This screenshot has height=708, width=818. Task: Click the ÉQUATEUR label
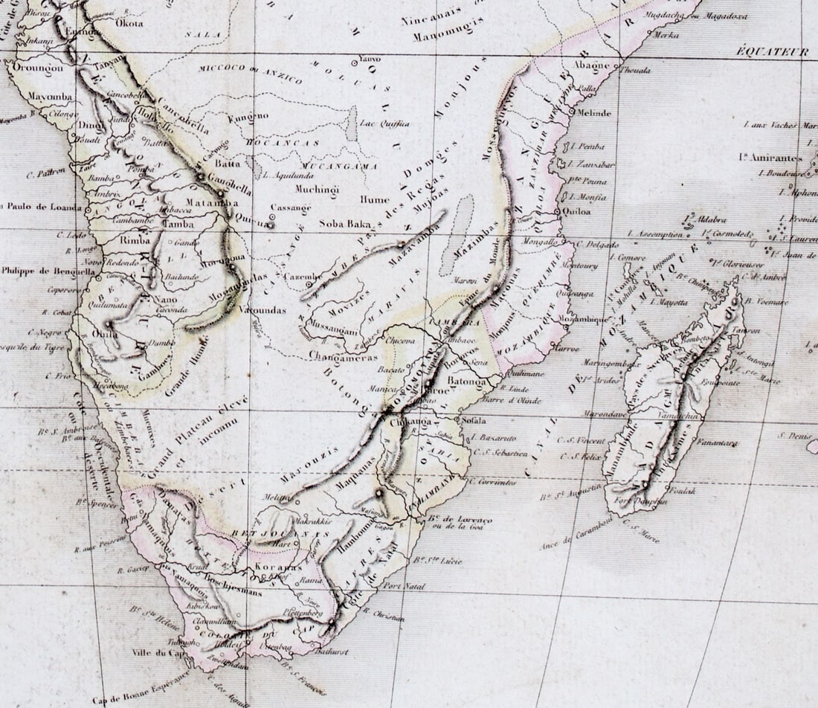[x=772, y=51]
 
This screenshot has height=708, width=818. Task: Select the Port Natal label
[x=404, y=587]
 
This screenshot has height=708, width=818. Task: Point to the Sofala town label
[x=474, y=420]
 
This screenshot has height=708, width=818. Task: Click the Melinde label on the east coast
[x=593, y=113]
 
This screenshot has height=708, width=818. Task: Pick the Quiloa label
[x=578, y=211]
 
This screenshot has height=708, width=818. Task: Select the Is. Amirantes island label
[x=770, y=158]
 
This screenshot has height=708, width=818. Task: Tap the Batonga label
[x=466, y=382]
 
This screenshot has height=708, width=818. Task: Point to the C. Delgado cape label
[x=597, y=244]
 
